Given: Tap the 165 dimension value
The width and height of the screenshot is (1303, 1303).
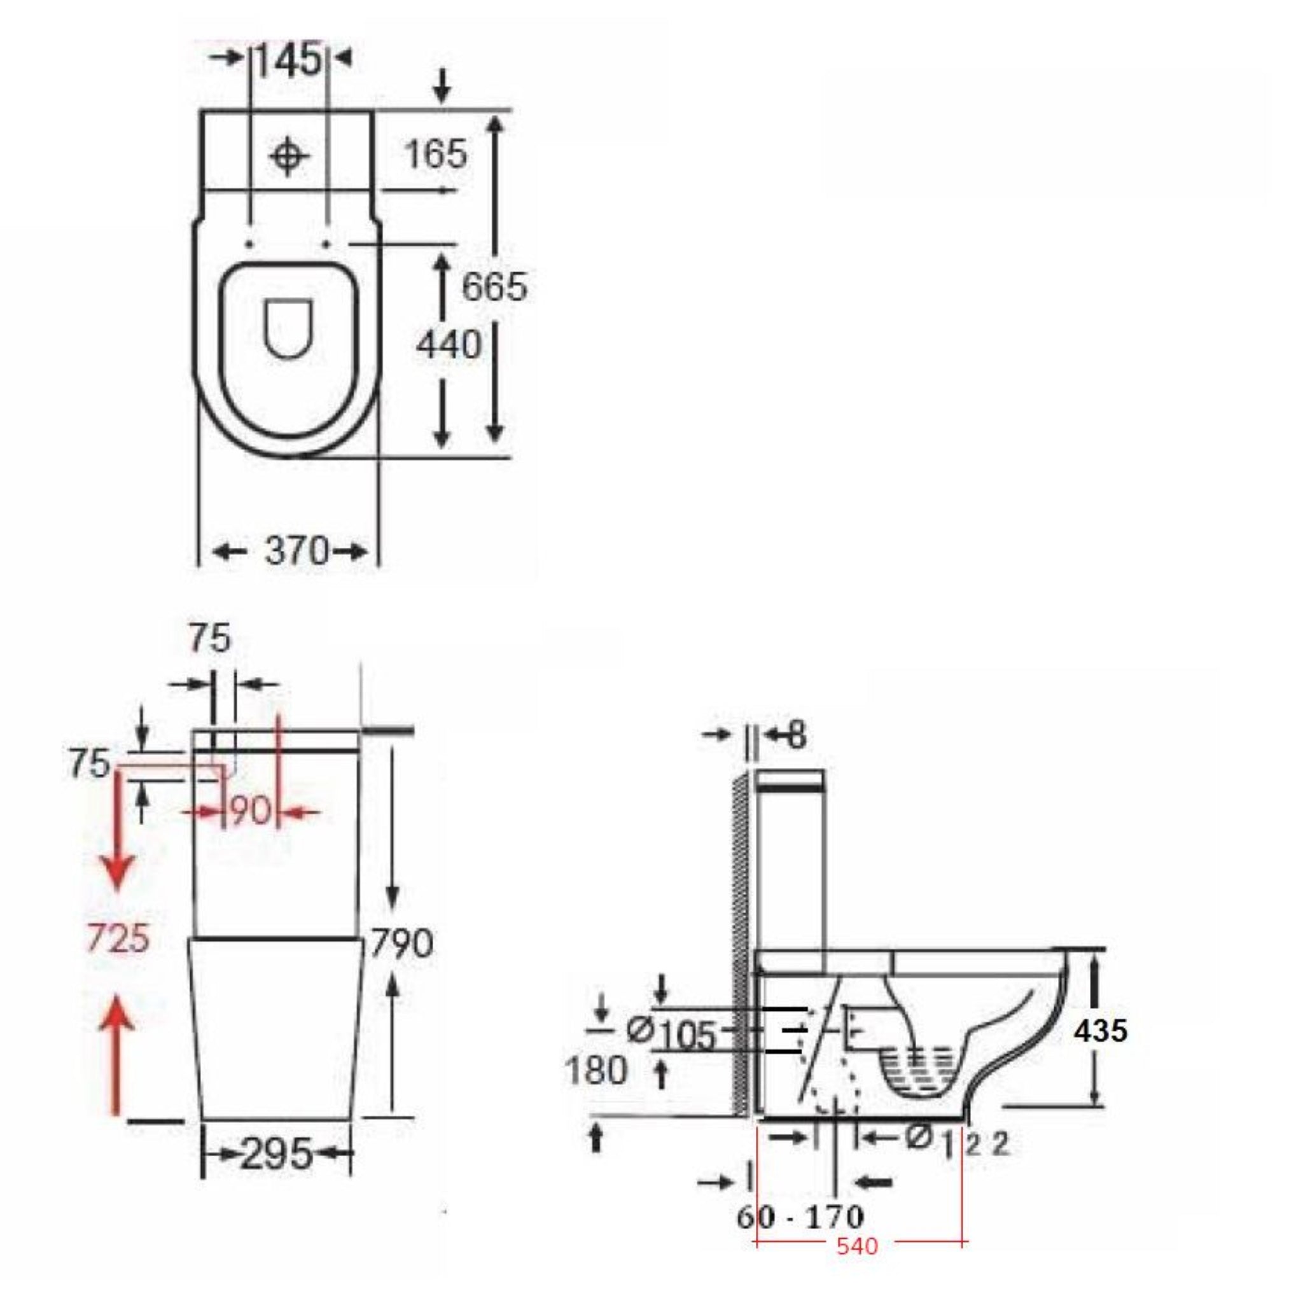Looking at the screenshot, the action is point(436,154).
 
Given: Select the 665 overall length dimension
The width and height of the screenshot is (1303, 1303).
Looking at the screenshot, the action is point(494,287).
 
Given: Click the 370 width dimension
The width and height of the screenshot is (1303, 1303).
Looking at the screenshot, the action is point(295,551).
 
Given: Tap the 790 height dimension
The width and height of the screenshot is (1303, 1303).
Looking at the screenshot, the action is point(401,943).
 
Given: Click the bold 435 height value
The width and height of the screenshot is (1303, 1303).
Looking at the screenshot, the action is point(1101,1031).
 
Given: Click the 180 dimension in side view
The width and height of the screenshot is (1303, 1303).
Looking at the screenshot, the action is point(596,1070).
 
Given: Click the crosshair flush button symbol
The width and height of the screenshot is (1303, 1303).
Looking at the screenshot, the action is point(289,156).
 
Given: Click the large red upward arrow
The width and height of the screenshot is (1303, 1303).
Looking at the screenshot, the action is point(119,1054).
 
